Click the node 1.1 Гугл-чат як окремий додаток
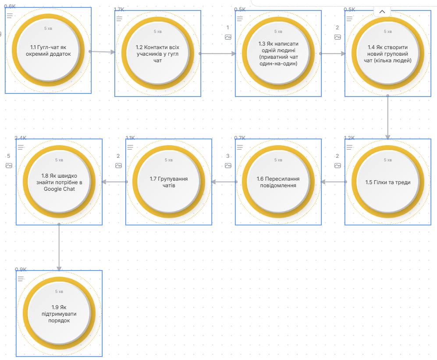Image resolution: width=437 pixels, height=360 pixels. point(48,50)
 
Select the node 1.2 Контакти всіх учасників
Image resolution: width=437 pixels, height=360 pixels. point(158,53)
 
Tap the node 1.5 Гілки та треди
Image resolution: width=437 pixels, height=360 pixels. point(388,182)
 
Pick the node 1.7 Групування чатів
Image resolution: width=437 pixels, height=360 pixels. point(169,182)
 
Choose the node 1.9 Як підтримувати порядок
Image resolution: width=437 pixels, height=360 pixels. point(59,314)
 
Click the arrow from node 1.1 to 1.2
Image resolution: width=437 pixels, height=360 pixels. point(103,52)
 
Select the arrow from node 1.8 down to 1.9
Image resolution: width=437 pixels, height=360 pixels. point(59,248)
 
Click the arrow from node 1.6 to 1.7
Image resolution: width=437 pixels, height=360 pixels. point(224,182)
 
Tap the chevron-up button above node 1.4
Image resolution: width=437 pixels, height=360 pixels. point(382,12)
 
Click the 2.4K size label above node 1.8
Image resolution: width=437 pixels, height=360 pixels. point(21,138)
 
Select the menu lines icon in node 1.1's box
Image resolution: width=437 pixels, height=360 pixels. point(10,16)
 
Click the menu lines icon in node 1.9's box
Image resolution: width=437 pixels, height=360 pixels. point(21,279)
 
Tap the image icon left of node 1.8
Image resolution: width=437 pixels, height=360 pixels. point(9,166)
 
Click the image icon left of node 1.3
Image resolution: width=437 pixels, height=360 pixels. point(228,37)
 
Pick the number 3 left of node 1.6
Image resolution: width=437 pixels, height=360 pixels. point(228,156)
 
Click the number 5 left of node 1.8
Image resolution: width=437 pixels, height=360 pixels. point(9,156)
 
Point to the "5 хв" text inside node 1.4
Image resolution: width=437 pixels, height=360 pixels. point(388,32)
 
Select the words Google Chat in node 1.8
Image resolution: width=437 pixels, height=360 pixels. point(59,189)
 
